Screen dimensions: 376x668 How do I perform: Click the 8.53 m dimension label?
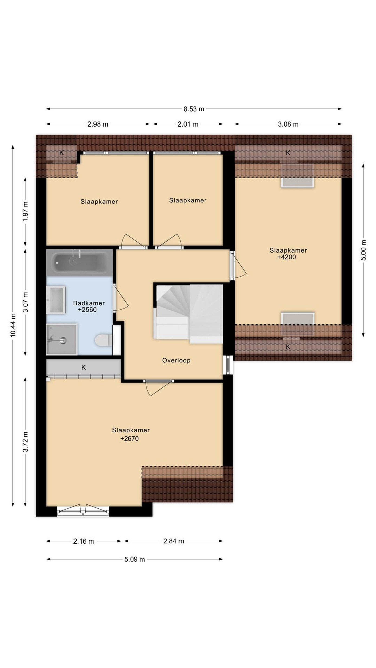point(194,109)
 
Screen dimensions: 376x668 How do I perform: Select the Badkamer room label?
point(89,303)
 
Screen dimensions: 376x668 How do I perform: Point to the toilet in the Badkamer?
point(104,340)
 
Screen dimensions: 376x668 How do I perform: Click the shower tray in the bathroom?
point(62,339)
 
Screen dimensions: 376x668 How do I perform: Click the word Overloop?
point(176,360)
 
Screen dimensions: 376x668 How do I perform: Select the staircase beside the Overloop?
point(189,314)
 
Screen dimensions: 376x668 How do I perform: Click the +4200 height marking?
point(286,257)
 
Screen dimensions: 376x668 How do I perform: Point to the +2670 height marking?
point(130,439)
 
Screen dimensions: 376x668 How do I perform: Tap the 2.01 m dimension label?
point(188,124)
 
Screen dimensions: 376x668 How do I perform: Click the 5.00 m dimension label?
point(363,250)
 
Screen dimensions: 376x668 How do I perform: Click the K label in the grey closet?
point(84,367)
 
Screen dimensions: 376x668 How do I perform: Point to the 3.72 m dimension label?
point(26,442)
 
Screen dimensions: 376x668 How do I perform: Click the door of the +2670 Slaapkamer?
point(159,388)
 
